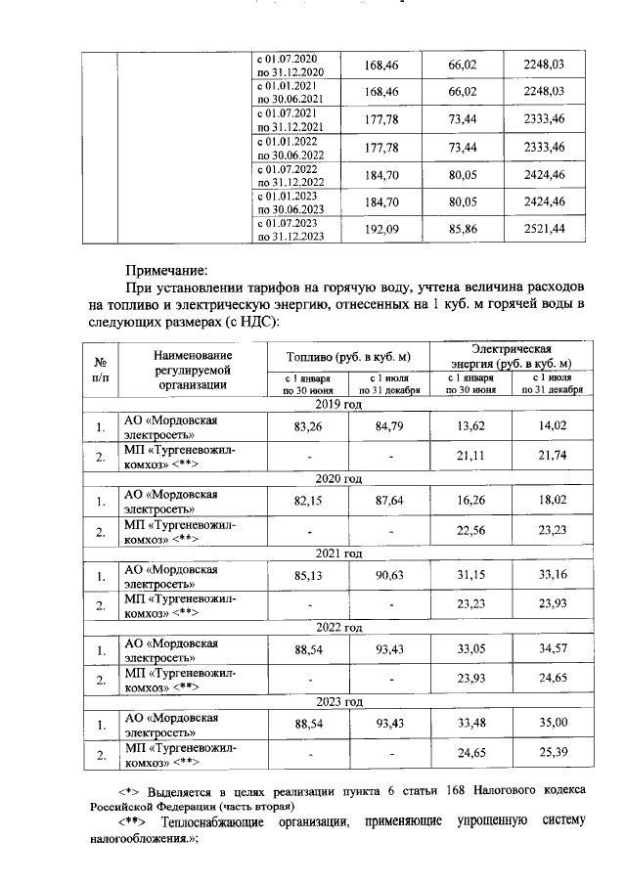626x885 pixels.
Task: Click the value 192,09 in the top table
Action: point(378,230)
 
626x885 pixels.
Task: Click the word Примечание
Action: point(167,270)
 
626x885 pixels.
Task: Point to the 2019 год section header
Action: point(338,403)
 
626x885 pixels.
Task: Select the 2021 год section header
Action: point(338,553)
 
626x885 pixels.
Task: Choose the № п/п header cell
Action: point(100,369)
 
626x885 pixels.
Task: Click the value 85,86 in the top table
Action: point(462,230)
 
